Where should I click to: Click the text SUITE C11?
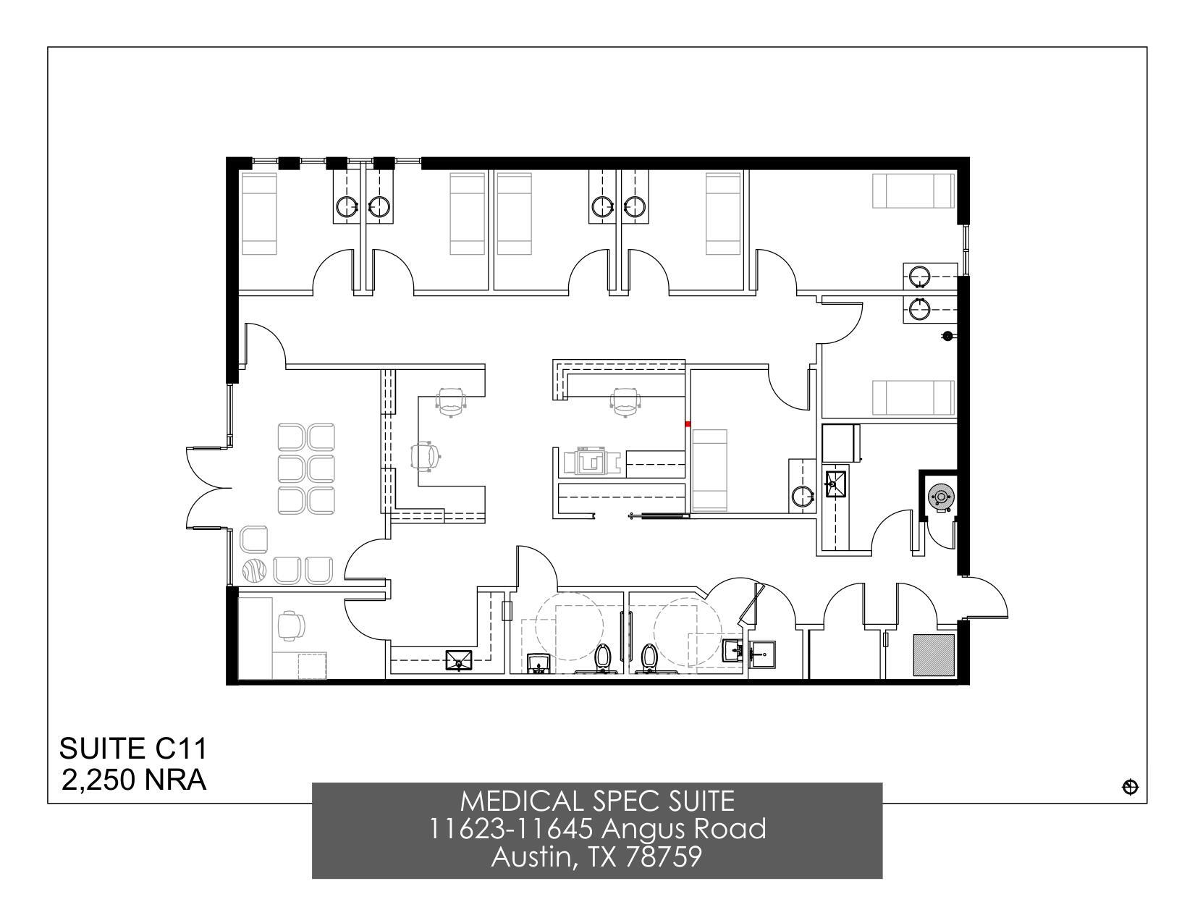click(133, 748)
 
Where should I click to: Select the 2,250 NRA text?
click(133, 780)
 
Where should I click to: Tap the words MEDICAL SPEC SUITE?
click(597, 801)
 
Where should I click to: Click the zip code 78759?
click(664, 857)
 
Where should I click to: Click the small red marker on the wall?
click(688, 424)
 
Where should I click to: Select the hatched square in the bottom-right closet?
click(933, 655)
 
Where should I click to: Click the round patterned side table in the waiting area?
click(254, 571)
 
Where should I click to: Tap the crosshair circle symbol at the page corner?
click(1130, 787)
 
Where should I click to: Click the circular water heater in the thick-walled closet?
click(939, 497)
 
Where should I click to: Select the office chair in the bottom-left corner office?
click(292, 625)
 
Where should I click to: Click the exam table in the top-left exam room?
click(258, 214)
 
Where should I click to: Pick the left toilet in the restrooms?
click(603, 657)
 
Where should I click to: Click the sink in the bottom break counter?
click(459, 660)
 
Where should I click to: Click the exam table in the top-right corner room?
click(911, 190)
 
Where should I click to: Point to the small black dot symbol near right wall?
click(947, 336)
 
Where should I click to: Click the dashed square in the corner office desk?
click(312, 665)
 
